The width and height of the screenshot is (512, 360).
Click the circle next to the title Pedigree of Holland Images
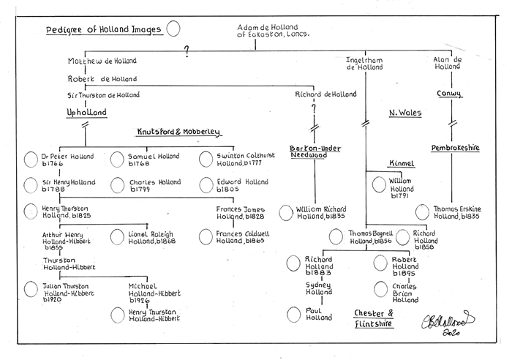pyautogui.click(x=173, y=29)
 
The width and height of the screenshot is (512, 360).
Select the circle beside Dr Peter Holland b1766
pyautogui.click(x=31, y=159)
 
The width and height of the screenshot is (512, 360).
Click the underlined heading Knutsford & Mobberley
pyautogui.click(x=178, y=132)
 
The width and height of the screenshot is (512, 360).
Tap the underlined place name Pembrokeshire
pyautogui.click(x=456, y=147)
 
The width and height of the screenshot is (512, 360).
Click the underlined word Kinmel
pyautogui.click(x=400, y=163)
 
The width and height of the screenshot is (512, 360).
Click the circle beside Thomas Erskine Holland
pyautogui.click(x=422, y=211)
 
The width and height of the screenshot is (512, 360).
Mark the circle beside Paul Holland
pyautogui.click(x=293, y=315)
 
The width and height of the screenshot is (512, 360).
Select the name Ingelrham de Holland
pyautogui.click(x=364, y=63)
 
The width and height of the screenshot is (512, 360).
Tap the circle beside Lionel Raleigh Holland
pyautogui.click(x=118, y=236)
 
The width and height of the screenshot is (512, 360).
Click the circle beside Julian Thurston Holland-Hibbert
pyautogui.click(x=31, y=289)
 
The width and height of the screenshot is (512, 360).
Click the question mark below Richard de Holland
pyautogui.click(x=315, y=108)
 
